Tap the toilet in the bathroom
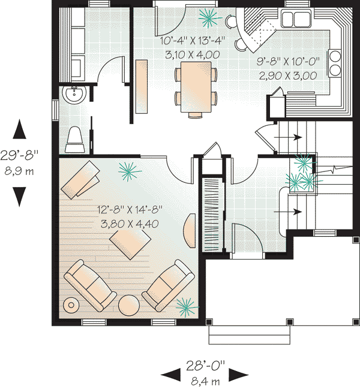coord(75,140)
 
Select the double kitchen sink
coord(295,18)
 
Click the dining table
coord(196,87)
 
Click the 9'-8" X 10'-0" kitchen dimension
coord(288,61)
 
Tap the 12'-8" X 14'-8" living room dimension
coord(130,210)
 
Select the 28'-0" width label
coord(205,366)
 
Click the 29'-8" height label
coord(19,156)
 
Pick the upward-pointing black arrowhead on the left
coord(19,129)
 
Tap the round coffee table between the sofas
coord(128,305)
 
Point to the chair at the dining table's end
coord(196,115)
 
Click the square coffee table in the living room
coord(130,245)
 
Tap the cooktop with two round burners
coord(334,62)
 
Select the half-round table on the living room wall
coord(190,231)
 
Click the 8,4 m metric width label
coord(205,381)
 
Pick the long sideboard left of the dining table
coord(142,86)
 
